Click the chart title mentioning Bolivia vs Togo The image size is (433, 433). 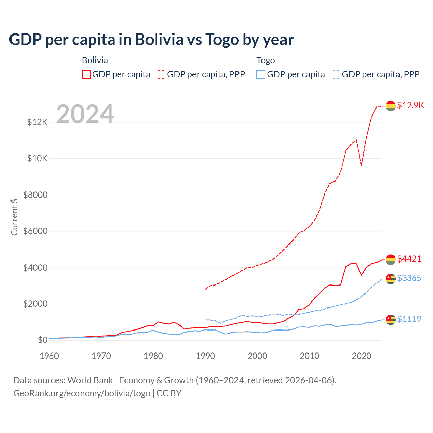tap(151, 40)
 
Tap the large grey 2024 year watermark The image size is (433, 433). tap(85, 114)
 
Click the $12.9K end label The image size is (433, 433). tap(410, 105)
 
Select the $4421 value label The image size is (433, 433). tap(409, 259)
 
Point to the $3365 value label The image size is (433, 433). tap(409, 278)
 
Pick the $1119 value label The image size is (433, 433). tap(409, 319)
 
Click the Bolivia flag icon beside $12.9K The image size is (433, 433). tap(391, 106)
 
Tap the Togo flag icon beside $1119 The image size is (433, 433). tap(391, 320)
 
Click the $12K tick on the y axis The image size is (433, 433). tap(38, 122)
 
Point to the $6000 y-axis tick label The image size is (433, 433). tap(36, 231)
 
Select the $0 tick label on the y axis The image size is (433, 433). tap(43, 340)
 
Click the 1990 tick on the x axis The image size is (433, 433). tap(205, 356)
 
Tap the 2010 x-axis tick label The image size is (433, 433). tap(310, 356)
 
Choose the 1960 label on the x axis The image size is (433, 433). tap(49, 356)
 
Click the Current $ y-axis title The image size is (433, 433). tap(14, 217)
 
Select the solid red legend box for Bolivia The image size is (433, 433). tap(86, 74)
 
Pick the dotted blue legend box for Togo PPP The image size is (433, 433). tap(336, 74)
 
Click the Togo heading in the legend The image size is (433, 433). tap(266, 60)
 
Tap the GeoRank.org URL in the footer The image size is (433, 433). tap(82, 393)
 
